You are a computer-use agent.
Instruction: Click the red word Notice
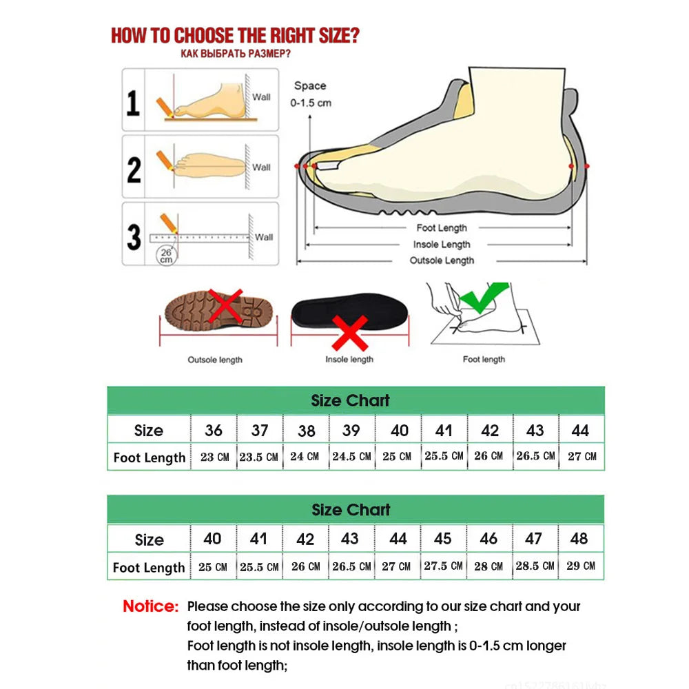click(x=150, y=607)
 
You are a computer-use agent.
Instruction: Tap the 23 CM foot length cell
click(x=214, y=457)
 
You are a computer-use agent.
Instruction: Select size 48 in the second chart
click(x=579, y=538)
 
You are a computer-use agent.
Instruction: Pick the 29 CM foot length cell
click(x=581, y=566)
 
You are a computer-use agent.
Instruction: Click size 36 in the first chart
click(x=214, y=431)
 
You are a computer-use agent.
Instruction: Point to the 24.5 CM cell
click(x=351, y=456)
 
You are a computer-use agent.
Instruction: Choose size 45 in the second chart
click(x=443, y=538)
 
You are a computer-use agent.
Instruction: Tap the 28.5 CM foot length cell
click(x=535, y=566)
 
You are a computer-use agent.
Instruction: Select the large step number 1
click(x=134, y=103)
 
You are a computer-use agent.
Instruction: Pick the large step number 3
click(x=134, y=237)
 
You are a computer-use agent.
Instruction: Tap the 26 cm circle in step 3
click(x=166, y=254)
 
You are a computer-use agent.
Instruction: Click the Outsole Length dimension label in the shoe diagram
click(x=442, y=260)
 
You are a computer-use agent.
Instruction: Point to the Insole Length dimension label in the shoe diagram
click(x=442, y=245)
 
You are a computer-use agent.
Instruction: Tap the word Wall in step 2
click(x=261, y=167)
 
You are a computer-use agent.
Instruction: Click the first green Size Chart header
click(x=350, y=400)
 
